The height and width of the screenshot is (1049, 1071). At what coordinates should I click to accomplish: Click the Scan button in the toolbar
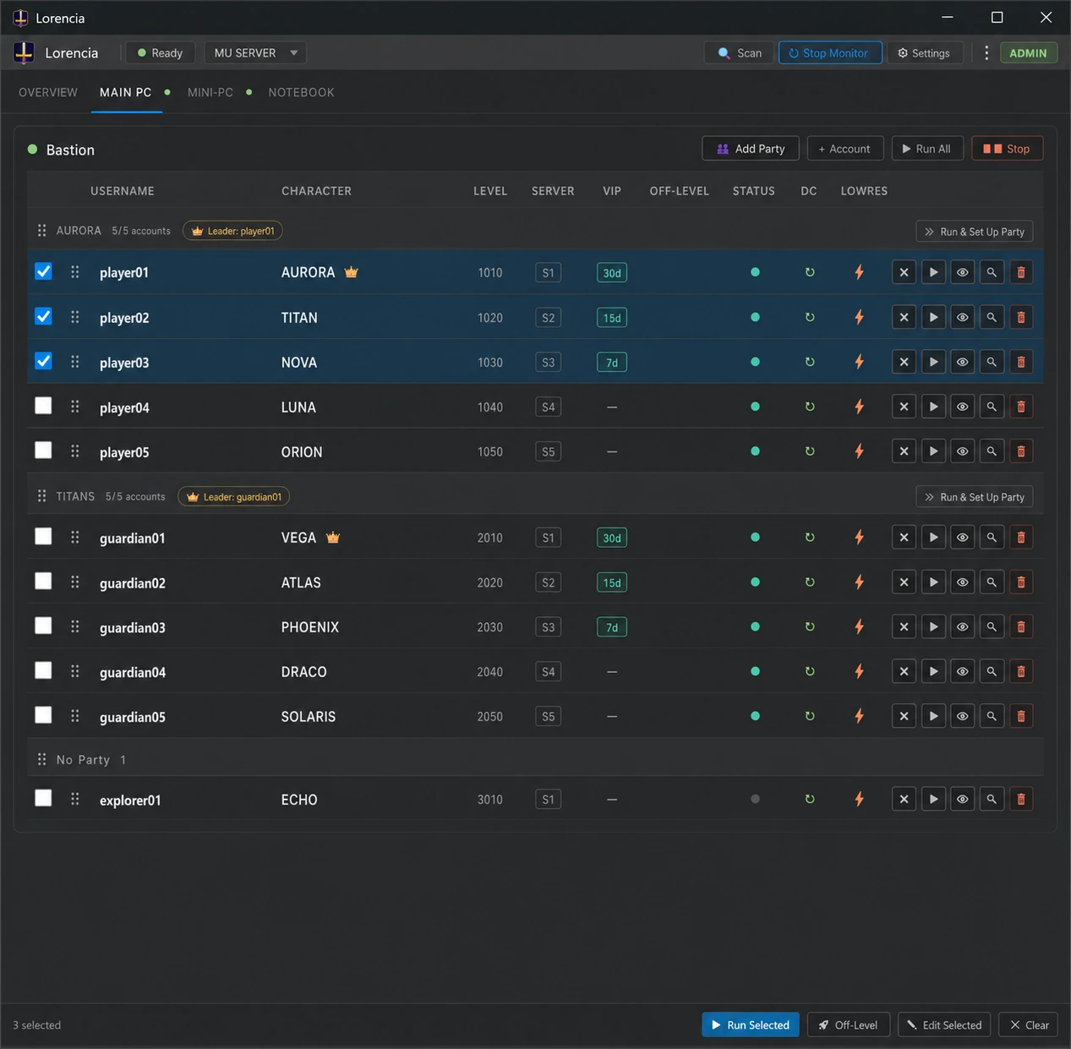click(x=739, y=52)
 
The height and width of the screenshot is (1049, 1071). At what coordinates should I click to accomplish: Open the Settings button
click(x=924, y=52)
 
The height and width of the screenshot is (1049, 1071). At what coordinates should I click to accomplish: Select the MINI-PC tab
click(x=210, y=92)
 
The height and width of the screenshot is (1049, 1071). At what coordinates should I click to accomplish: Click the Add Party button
click(x=751, y=149)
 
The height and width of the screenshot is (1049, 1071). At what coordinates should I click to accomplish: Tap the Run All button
click(x=927, y=149)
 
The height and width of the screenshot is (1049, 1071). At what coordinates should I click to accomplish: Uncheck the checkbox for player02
click(x=43, y=316)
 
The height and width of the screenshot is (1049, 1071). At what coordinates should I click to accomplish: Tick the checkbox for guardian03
click(x=43, y=626)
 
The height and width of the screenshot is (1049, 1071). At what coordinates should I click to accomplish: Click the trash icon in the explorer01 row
click(x=1021, y=799)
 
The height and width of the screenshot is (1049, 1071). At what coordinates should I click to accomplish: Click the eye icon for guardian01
click(x=962, y=538)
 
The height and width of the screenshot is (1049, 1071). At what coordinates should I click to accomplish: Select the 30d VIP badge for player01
click(x=612, y=272)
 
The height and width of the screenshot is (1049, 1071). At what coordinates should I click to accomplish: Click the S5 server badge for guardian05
click(x=548, y=716)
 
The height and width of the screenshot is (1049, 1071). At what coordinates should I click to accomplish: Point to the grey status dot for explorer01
click(x=755, y=799)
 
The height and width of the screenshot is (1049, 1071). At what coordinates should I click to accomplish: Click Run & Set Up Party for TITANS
click(x=975, y=497)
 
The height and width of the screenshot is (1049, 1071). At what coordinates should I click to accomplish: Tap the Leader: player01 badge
click(x=232, y=231)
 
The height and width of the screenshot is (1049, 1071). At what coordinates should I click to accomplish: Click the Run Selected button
click(x=751, y=1024)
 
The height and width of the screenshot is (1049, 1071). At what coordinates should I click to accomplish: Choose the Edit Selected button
click(x=943, y=1024)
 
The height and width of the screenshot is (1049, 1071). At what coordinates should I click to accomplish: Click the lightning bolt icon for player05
click(x=859, y=451)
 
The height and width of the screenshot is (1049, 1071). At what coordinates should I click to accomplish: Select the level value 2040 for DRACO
click(x=489, y=671)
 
